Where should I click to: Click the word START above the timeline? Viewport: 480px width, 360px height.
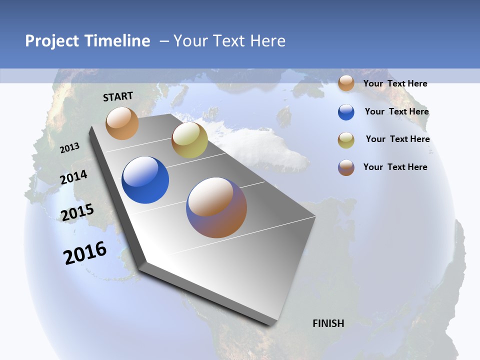(118, 96)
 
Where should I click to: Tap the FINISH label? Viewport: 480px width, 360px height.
(328, 323)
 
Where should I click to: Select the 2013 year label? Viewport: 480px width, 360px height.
(70, 148)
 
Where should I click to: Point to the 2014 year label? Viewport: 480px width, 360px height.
(74, 177)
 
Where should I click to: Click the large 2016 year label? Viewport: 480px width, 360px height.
(85, 253)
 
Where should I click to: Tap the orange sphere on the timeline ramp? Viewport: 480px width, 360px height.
(122, 123)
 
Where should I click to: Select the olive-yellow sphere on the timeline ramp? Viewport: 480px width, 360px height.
(189, 140)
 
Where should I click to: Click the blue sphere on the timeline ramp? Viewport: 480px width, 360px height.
(145, 180)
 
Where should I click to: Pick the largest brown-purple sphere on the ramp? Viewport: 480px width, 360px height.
(216, 207)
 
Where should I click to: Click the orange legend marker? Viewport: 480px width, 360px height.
(346, 83)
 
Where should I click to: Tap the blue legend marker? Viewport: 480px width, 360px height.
(346, 112)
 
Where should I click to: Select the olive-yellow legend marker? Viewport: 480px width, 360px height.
(346, 140)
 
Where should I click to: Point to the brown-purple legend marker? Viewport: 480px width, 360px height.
(346, 167)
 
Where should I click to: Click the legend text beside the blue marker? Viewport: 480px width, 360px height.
(396, 111)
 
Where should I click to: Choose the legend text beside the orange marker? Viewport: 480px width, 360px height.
(395, 83)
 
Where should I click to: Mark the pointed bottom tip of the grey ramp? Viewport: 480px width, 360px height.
(272, 324)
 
